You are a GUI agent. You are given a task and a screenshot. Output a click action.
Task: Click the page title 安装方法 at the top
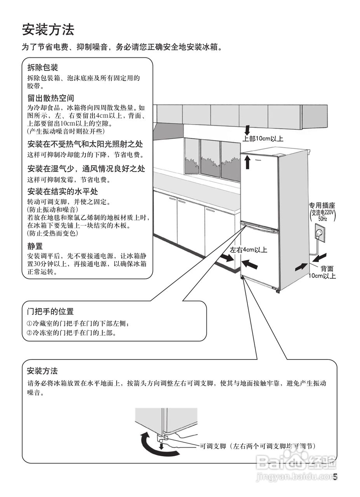pos(48,30)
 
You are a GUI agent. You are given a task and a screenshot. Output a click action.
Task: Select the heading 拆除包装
pos(43,68)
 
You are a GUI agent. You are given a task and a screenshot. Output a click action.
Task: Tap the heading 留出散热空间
pos(50,98)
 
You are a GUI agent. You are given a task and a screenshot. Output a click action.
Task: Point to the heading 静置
pos(35,246)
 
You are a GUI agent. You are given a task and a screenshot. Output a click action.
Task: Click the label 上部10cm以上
pos(263,139)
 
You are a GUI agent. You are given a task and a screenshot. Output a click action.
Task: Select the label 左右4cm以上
pos(249,250)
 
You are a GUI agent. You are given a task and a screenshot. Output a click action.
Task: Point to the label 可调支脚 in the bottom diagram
pos(213,447)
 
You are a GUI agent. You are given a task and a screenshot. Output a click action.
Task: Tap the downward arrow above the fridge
pos(248,129)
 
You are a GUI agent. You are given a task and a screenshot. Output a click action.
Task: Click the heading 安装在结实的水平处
pos(63,191)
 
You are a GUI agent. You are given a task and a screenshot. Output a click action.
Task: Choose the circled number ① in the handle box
pos(30,323)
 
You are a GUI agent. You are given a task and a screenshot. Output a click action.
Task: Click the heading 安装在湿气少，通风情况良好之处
pos(86,169)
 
